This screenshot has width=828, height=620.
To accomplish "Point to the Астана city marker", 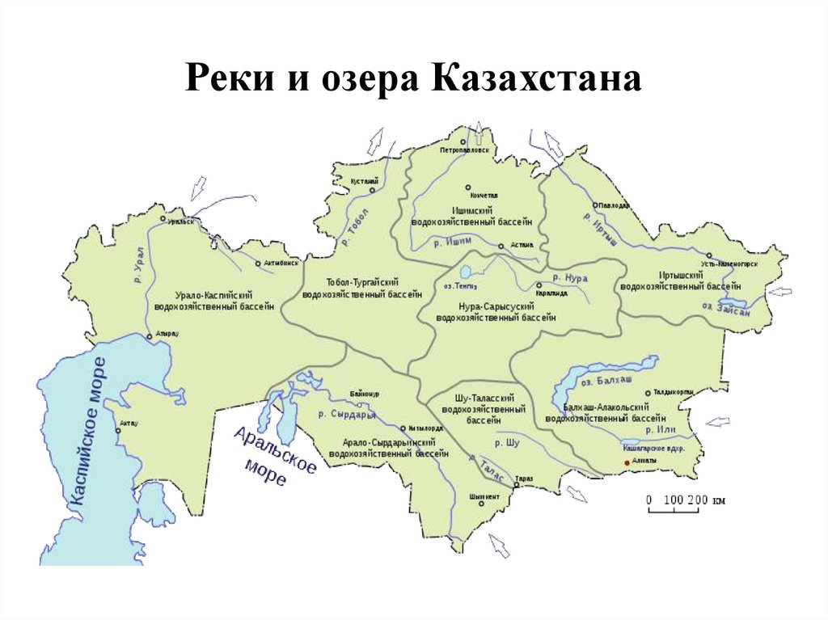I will pyautogui.click(x=501, y=246).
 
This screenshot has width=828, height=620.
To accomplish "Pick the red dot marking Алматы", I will pyautogui.click(x=624, y=462).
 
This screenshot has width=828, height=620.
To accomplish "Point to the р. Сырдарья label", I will pyautogui.click(x=348, y=414).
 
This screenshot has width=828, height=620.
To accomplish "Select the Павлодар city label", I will pyautogui.click(x=614, y=206).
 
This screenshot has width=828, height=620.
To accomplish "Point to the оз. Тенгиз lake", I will pyautogui.click(x=467, y=272).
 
